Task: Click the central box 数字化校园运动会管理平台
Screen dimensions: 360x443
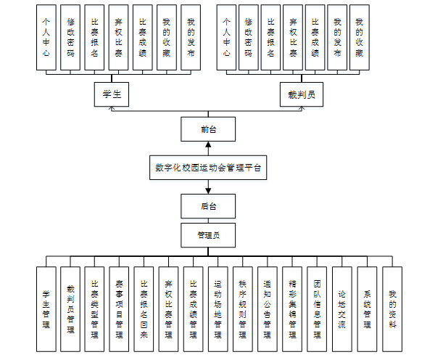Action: [208, 168]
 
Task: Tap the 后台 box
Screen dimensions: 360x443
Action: [208, 206]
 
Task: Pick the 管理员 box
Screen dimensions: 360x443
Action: [208, 235]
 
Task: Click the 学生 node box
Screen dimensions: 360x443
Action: [112, 94]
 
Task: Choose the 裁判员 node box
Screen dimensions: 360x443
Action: [301, 94]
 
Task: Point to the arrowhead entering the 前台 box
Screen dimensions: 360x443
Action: [208, 145]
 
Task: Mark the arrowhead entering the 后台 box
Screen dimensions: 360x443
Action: [208, 191]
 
